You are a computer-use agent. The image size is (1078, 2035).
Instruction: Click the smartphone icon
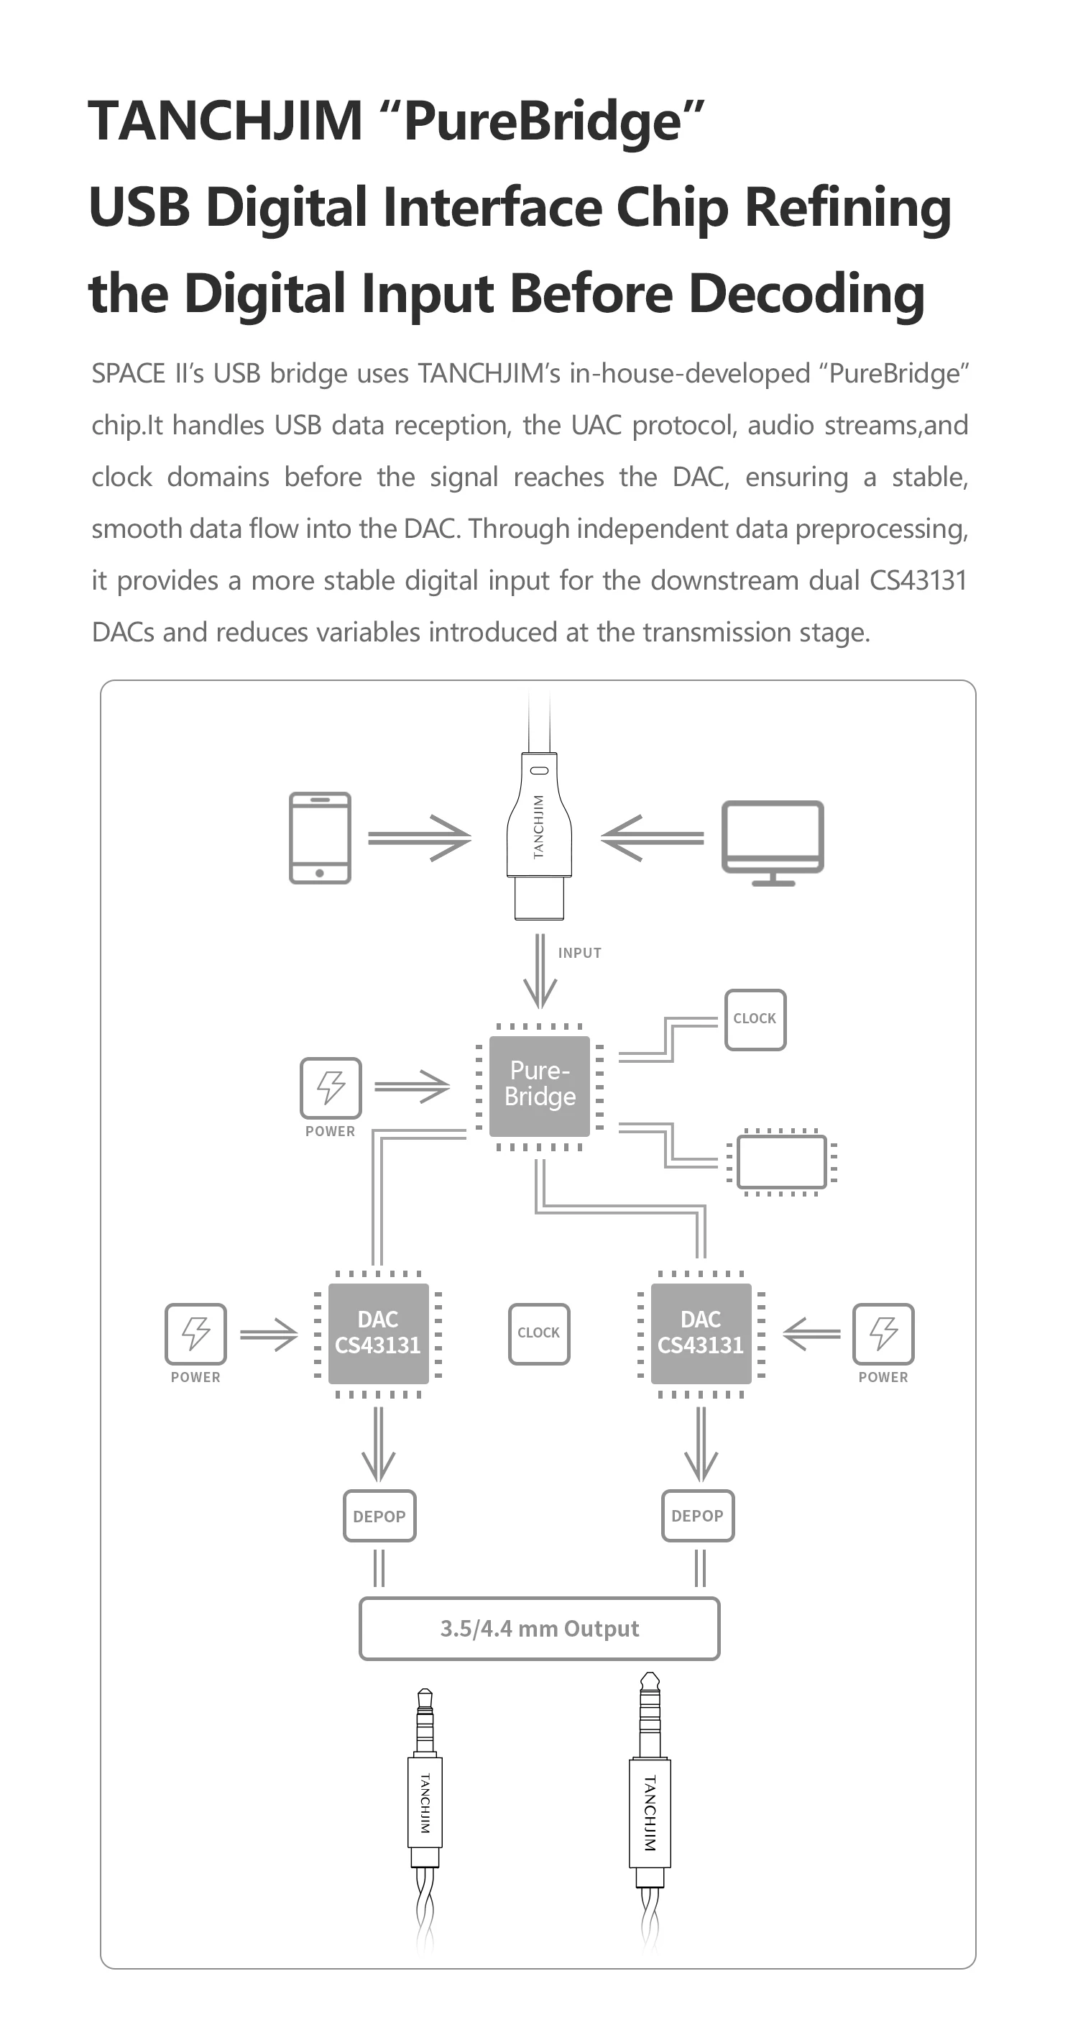(320, 838)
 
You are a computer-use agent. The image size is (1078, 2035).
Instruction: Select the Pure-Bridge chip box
(540, 1087)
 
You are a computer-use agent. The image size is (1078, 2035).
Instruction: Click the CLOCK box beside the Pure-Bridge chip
(755, 1019)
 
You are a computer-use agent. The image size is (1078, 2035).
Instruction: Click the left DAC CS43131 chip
(378, 1333)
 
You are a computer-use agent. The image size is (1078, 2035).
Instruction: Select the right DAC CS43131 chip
(701, 1333)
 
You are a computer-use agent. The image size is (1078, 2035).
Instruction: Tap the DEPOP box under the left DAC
(379, 1516)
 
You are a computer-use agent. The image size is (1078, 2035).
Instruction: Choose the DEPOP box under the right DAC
(697, 1516)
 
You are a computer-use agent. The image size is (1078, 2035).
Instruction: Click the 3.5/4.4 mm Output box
(540, 1628)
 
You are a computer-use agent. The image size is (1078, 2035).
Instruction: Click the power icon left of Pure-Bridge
(331, 1088)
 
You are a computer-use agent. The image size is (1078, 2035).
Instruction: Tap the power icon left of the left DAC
(196, 1333)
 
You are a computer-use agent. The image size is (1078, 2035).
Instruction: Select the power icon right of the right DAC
(884, 1333)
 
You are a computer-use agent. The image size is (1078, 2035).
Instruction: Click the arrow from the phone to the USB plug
(420, 838)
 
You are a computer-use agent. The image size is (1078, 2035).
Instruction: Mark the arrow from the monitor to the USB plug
(653, 838)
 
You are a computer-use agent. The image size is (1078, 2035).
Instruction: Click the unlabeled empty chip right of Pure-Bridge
(782, 1161)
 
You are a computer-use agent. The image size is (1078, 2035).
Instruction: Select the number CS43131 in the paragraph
(918, 580)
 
